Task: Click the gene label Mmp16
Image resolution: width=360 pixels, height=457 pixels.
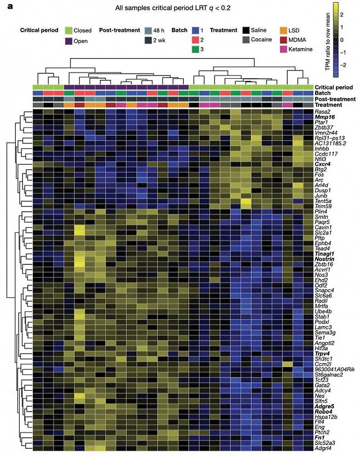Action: tap(324, 117)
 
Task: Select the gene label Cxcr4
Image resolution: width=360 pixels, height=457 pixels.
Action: tap(323, 164)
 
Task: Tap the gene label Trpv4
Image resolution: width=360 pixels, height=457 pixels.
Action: tap(323, 354)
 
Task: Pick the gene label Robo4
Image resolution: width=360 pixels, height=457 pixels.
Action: tap(323, 411)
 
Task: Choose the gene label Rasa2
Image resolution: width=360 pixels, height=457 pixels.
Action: tap(323, 112)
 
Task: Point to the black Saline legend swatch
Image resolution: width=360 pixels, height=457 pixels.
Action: tap(247, 31)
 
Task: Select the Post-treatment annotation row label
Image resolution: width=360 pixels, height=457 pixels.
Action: tap(334, 99)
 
